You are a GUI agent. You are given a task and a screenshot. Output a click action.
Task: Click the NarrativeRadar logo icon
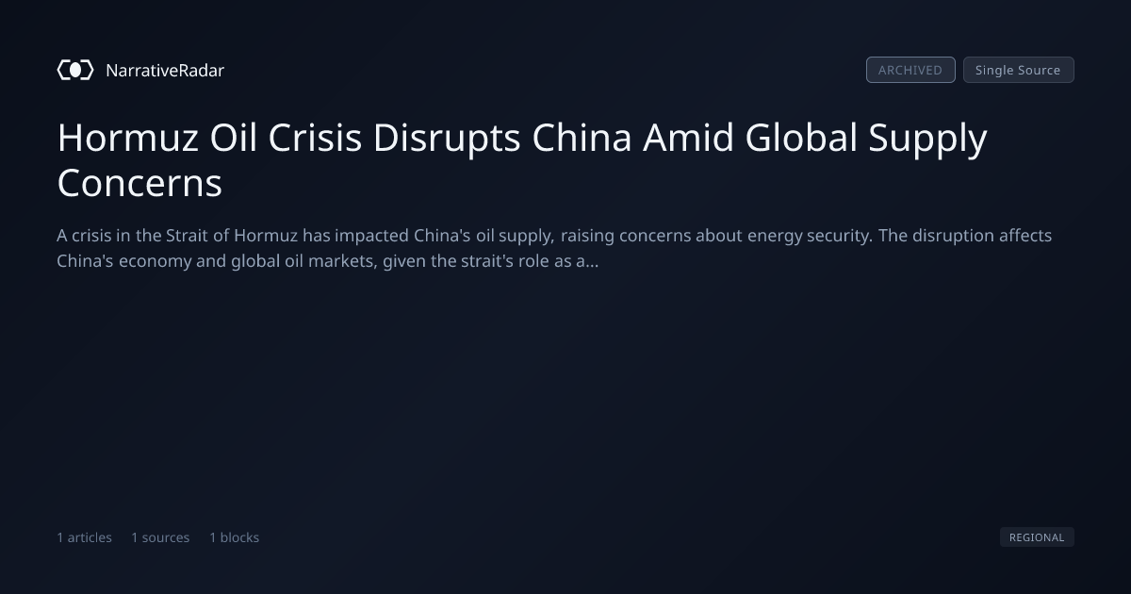pyautogui.click(x=75, y=70)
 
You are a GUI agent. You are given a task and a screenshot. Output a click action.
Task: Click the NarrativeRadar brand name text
pyautogui.click(x=165, y=70)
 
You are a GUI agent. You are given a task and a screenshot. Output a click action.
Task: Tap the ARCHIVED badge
pyautogui.click(x=910, y=70)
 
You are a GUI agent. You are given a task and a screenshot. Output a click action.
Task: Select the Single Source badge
pyautogui.click(x=1019, y=70)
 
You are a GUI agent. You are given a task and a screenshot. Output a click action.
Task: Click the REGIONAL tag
pyautogui.click(x=1037, y=536)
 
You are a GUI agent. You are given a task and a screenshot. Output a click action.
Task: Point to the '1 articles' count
pyautogui.click(x=84, y=537)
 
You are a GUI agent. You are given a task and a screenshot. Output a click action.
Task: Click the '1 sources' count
pyautogui.click(x=160, y=537)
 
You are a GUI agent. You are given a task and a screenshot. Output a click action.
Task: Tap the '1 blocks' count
pyautogui.click(x=235, y=537)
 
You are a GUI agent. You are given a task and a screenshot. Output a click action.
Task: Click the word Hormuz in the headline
pyautogui.click(x=128, y=138)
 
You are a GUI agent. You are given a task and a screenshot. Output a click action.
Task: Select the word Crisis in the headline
pyautogui.click(x=315, y=138)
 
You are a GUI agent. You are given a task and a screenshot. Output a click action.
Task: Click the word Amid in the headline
pyautogui.click(x=688, y=138)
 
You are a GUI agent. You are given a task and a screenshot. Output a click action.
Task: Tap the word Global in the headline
pyautogui.click(x=801, y=138)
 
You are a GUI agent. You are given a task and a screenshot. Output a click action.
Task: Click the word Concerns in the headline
pyautogui.click(x=139, y=183)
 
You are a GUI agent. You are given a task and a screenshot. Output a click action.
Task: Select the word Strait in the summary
pyautogui.click(x=187, y=236)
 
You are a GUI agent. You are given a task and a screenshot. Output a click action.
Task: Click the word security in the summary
pyautogui.click(x=840, y=237)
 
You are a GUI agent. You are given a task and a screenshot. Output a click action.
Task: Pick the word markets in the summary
pyautogui.click(x=343, y=261)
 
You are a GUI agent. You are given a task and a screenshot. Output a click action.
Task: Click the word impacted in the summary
pyautogui.click(x=371, y=237)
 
